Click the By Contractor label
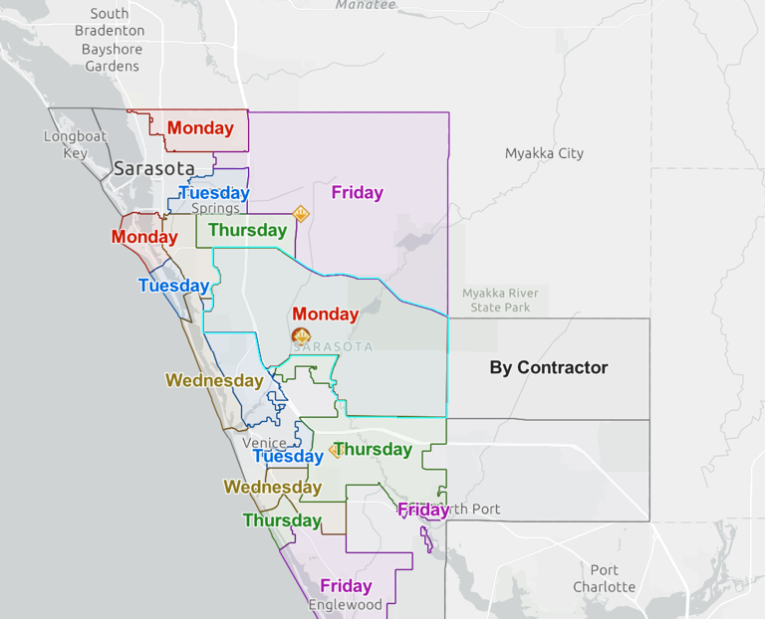[x=548, y=367]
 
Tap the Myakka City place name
[x=544, y=153]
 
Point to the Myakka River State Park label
[x=500, y=300]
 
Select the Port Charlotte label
[x=604, y=578]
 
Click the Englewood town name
[x=345, y=605]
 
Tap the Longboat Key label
[x=75, y=144]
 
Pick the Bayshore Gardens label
[x=112, y=58]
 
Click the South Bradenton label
[x=109, y=22]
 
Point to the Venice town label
[x=264, y=443]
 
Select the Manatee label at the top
[x=366, y=5]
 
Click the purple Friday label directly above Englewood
[x=346, y=586]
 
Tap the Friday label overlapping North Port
[x=423, y=511]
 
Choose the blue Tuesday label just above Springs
[x=214, y=192]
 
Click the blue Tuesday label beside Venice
[x=288, y=456]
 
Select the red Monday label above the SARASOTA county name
[x=326, y=313]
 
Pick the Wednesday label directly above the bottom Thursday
[x=272, y=487]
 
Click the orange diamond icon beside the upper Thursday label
[x=300, y=213]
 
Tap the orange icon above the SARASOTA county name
[x=300, y=335]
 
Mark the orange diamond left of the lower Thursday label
[x=336, y=450]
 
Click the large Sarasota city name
[x=153, y=168]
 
